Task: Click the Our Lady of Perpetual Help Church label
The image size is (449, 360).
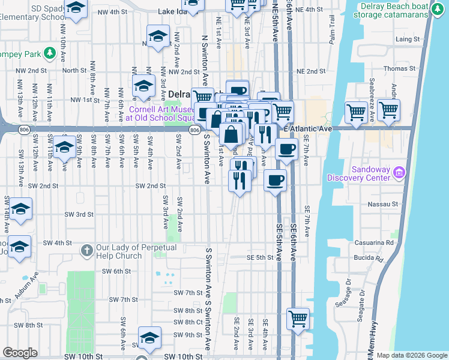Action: [x=136, y=251]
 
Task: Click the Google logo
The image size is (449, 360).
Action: [x=20, y=353]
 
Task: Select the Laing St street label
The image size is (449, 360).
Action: [x=408, y=39]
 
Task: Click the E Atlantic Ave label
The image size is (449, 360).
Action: [x=308, y=129]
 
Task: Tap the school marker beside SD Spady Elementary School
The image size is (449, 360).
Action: [x=75, y=7]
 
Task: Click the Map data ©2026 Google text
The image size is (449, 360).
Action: [x=411, y=355]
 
